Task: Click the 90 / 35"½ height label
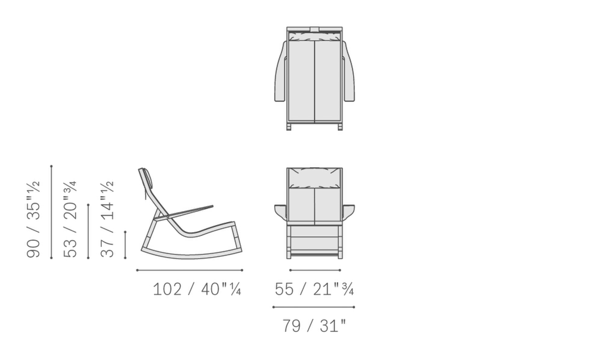[34, 219]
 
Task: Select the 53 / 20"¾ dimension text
[70, 219]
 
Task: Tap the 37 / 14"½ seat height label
[107, 219]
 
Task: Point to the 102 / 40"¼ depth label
[197, 289]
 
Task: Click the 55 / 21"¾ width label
[314, 289]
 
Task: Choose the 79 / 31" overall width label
[314, 326]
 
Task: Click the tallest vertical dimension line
[51, 212]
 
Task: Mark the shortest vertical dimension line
[125, 245]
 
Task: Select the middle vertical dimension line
[88, 231]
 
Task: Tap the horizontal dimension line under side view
[189, 270]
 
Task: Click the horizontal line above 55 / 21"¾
[315, 270]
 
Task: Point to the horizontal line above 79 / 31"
[313, 307]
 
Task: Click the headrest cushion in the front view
[315, 178]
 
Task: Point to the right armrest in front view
[348, 210]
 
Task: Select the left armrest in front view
[280, 210]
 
